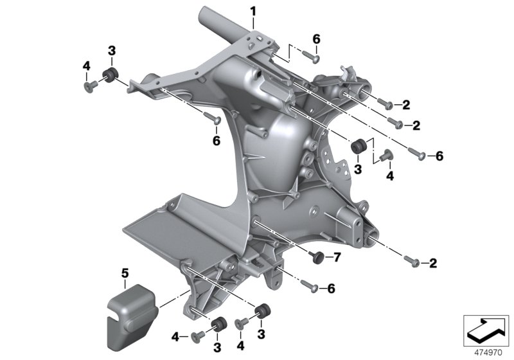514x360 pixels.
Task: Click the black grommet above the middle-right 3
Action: [x=359, y=147]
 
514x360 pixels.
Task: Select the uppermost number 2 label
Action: [x=407, y=104]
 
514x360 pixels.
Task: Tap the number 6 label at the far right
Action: [x=439, y=156]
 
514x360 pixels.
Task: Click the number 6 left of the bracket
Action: [x=216, y=139]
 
